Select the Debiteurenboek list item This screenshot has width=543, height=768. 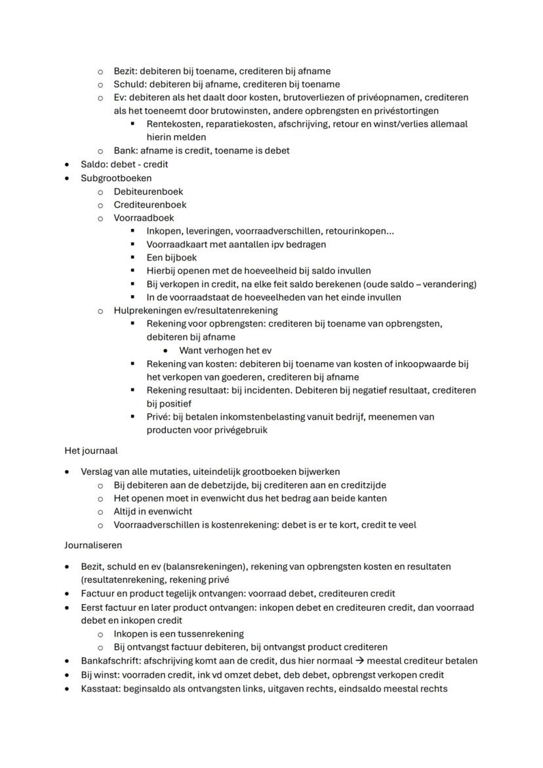pos(148,192)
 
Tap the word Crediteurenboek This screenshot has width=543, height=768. pos(150,205)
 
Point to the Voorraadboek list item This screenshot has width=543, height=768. pos(144,218)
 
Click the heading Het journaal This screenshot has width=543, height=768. pos(90,451)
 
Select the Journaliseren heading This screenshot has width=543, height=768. pos(92,545)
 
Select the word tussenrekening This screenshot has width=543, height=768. pos(211,634)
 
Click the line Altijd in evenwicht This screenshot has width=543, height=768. pos(152,512)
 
